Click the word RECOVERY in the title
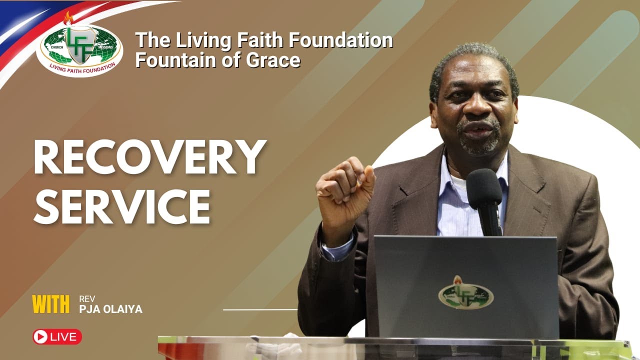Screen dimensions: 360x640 pyautogui.click(x=149, y=157)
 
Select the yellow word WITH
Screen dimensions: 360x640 pyautogui.click(x=50, y=304)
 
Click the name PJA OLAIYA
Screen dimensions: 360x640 pyautogui.click(x=110, y=309)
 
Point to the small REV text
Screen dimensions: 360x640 pyautogui.click(x=86, y=299)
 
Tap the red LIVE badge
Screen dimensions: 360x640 pyautogui.click(x=57, y=336)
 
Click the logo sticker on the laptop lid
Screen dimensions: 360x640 pyautogui.click(x=465, y=293)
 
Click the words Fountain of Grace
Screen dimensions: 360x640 pyautogui.click(x=217, y=60)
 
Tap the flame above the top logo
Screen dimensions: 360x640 pyautogui.click(x=68, y=18)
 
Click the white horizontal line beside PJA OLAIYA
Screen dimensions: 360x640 pyautogui.click(x=260, y=309)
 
